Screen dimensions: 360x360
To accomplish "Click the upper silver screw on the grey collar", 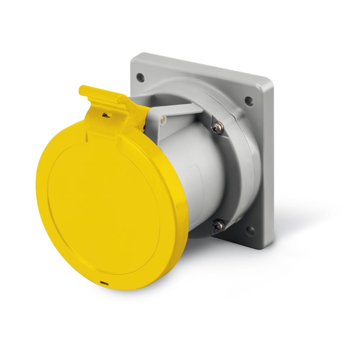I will point(218,129).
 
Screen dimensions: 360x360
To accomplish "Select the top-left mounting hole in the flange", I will point(141,76).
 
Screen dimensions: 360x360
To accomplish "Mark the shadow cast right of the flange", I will point(297,211).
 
